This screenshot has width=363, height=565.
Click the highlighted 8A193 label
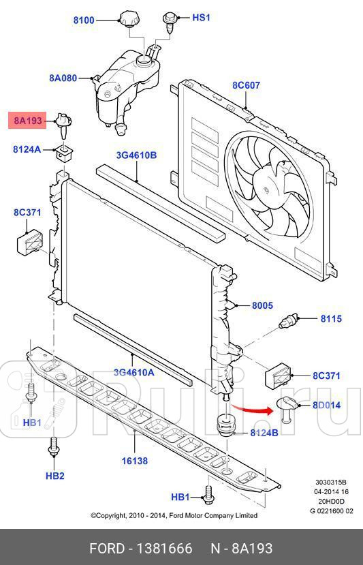(27, 121)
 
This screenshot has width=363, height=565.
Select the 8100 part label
(84, 20)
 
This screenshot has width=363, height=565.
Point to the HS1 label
(202, 18)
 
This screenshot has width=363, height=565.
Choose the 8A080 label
(63, 78)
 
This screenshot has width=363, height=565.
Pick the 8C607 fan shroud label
(246, 86)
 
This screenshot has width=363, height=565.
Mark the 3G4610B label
(136, 155)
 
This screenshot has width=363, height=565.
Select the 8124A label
(27, 149)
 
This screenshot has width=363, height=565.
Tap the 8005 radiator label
(262, 306)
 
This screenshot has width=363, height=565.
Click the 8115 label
(331, 318)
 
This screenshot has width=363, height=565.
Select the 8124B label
(264, 433)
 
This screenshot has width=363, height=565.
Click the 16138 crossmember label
(135, 461)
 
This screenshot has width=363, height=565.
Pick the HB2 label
(54, 475)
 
